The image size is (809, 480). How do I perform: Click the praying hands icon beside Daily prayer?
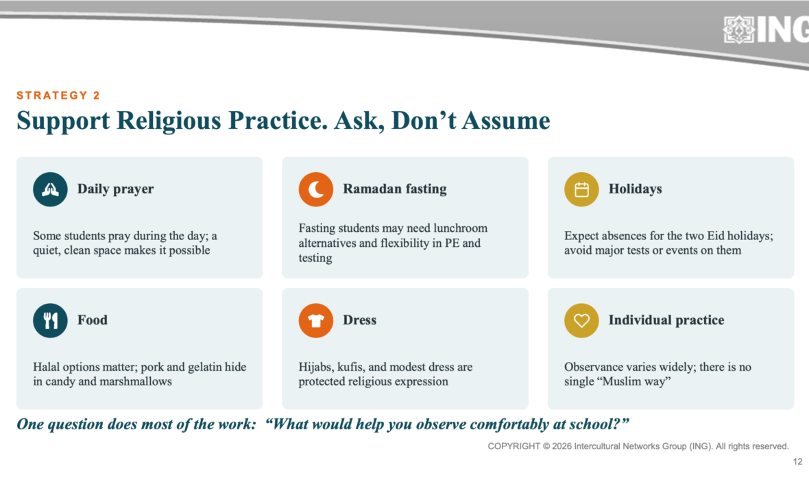pyautogui.click(x=50, y=189)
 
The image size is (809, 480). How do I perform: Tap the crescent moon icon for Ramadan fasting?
pyautogui.click(x=316, y=189)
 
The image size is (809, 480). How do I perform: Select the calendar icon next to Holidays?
pyautogui.click(x=581, y=189)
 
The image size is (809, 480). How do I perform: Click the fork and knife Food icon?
pyautogui.click(x=50, y=320)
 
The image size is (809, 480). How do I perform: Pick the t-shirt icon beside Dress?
pyautogui.click(x=316, y=320)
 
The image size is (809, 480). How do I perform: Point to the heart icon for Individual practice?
pyautogui.click(x=581, y=320)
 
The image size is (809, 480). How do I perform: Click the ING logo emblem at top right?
pyautogui.click(x=739, y=29)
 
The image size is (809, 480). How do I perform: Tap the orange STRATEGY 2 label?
pyautogui.click(x=58, y=95)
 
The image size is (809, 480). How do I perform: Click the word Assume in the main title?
pyautogui.click(x=506, y=121)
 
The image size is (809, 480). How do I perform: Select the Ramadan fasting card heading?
pyautogui.click(x=395, y=189)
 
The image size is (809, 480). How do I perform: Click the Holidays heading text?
pyautogui.click(x=635, y=189)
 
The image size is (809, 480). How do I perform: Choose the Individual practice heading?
pyautogui.click(x=666, y=320)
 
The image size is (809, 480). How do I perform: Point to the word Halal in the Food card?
pyautogui.click(x=47, y=367)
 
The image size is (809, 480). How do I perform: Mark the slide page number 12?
pyautogui.click(x=797, y=461)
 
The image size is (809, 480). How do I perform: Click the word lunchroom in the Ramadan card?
pyautogui.click(x=460, y=228)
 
